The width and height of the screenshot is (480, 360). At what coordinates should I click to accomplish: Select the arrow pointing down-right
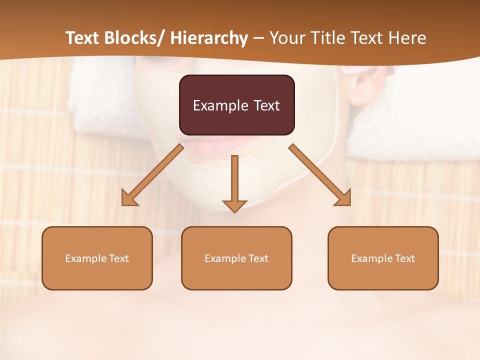(320, 175)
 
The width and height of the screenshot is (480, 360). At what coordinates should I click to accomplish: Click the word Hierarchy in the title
(209, 38)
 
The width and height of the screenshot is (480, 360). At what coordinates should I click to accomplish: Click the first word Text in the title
(83, 38)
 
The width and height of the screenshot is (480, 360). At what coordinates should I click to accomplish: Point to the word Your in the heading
(285, 38)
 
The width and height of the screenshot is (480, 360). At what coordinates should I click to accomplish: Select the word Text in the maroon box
(266, 106)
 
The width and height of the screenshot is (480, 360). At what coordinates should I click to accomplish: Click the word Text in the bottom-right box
(404, 258)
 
